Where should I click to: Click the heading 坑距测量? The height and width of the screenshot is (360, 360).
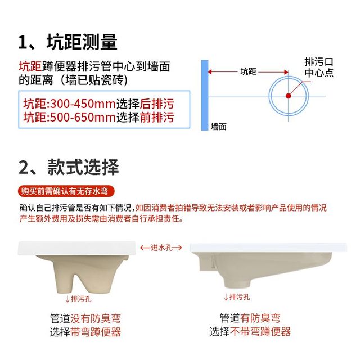82,42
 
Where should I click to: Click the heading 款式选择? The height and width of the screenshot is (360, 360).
83,167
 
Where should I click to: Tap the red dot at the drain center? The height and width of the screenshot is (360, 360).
289,96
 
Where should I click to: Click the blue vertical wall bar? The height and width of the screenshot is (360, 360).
205,95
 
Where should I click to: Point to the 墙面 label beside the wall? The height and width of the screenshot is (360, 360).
219,127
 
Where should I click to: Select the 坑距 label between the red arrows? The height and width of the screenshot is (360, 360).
248,71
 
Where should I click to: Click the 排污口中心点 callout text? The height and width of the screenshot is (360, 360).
319,67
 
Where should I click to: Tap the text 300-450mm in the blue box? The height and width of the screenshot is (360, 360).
83,103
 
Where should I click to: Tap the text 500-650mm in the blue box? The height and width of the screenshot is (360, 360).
83,118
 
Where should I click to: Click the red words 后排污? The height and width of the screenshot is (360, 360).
157,103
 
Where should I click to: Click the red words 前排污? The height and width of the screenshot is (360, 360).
157,118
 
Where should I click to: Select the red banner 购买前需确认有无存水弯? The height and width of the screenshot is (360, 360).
66,191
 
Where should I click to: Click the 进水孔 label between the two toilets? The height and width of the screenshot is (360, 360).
161,247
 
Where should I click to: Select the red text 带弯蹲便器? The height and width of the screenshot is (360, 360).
96,332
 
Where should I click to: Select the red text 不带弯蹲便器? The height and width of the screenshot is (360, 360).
260,331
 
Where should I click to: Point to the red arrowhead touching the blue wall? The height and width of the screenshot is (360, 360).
210,72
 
